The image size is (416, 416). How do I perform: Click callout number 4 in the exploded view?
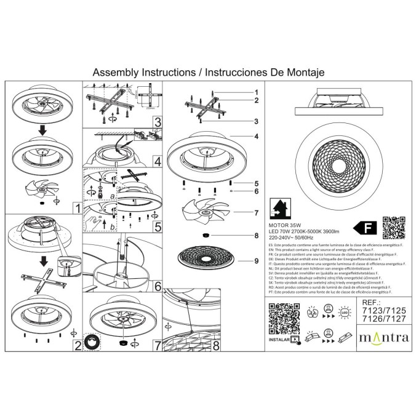(255, 135)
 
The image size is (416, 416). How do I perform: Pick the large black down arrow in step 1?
(42, 130)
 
